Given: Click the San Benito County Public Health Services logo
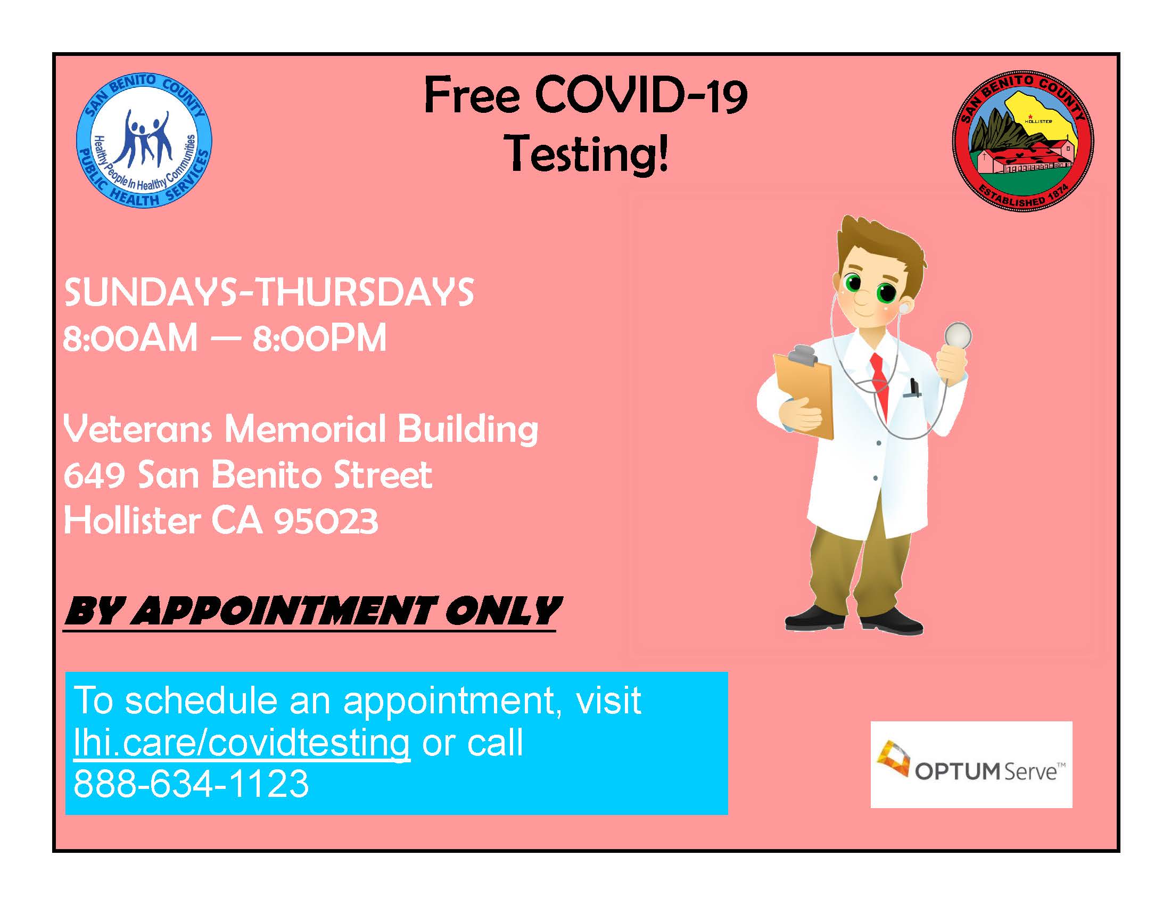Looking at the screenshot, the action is point(144,141).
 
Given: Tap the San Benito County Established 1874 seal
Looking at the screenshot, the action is point(1023,141).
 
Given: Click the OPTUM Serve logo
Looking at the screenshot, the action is point(971,764).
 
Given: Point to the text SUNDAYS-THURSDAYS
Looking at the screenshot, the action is point(269,292).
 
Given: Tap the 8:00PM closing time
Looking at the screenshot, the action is point(319,338).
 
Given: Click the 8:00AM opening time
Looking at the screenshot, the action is point(130,338).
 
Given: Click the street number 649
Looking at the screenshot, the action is point(94,475).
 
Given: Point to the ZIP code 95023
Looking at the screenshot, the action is point(326,521).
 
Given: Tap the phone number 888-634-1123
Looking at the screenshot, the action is point(191,784).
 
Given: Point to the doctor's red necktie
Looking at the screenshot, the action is point(879,384).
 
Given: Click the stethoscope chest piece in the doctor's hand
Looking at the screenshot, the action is point(958,335).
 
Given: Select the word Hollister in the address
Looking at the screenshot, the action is point(132,521).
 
